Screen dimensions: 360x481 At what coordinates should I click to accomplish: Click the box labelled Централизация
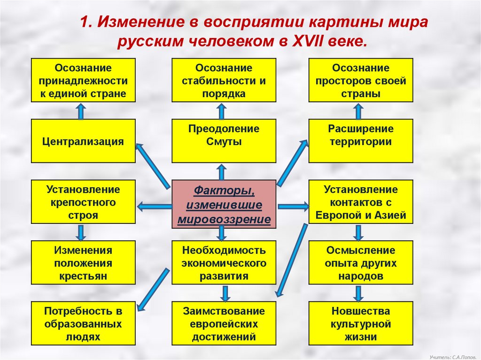pos(83,141)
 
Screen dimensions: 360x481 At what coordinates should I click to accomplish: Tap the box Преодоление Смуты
pos(224,141)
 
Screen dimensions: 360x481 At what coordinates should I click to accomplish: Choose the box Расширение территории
pos(361,141)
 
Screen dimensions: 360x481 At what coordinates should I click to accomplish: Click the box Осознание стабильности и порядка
pos(224,80)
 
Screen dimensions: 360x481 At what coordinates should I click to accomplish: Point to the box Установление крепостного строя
pos(83,201)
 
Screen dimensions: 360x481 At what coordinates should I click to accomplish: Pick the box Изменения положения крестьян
pos(83,262)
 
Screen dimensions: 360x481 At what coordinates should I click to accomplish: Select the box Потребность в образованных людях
pos(83,323)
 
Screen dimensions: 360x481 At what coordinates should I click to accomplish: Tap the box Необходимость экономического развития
pos(224,262)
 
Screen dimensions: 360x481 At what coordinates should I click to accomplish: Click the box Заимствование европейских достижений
pos(224,323)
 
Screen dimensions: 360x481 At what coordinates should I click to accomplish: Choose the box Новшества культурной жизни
pos(361,323)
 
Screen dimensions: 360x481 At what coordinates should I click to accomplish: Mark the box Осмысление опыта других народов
pos(361,262)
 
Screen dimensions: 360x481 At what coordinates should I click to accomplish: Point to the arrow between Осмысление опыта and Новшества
pos(358,293)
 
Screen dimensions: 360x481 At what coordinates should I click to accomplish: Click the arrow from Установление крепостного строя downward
pos(81,232)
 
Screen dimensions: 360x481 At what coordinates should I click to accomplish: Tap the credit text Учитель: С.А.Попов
pos(452,355)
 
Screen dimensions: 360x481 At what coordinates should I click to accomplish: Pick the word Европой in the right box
pos(334,216)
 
